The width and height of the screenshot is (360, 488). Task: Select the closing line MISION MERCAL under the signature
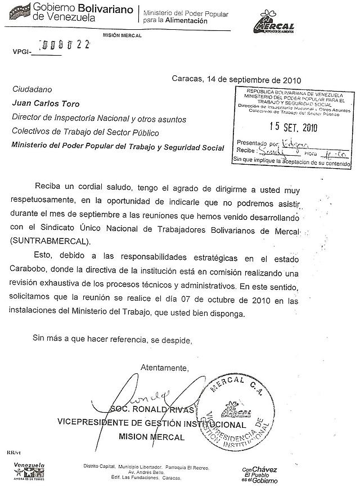pyautogui.click(x=151, y=437)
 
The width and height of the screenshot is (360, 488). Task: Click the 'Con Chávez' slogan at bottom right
pyautogui.click(x=260, y=475)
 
